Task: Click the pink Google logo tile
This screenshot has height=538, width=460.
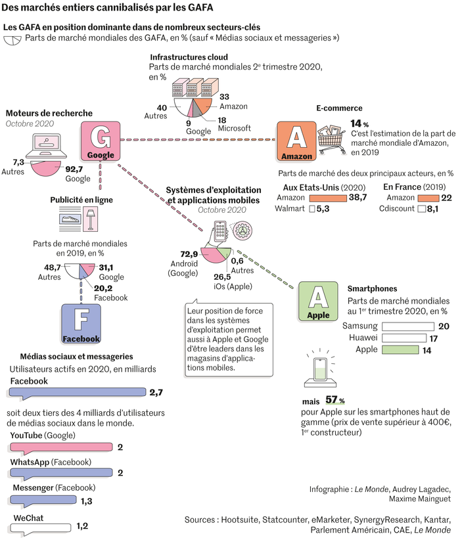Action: [x=101, y=141]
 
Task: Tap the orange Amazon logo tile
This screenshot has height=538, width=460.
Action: [x=296, y=141]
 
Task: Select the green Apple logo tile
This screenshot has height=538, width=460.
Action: [x=318, y=302]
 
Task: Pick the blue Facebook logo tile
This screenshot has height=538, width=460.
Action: [x=81, y=324]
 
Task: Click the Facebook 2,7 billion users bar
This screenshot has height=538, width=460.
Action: [x=78, y=393]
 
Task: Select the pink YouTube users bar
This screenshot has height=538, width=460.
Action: [x=61, y=447]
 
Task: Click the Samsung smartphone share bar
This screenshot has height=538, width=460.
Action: [x=408, y=326]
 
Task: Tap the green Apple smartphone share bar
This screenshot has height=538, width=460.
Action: [x=400, y=350]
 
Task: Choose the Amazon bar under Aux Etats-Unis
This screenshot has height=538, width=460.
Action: [x=328, y=198]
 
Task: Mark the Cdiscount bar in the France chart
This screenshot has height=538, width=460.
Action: [x=421, y=209]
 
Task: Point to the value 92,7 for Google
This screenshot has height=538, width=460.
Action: [x=74, y=169]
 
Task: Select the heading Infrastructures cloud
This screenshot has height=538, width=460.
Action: [x=189, y=57]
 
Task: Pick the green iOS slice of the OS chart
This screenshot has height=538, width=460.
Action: [x=224, y=253]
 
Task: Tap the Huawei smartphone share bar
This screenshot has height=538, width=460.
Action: [x=404, y=338]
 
